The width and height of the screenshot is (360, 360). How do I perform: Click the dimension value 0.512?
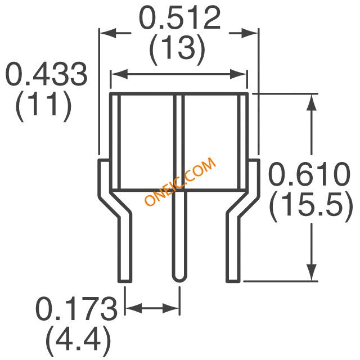pos(179,18)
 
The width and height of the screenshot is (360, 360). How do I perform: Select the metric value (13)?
pos(177,48)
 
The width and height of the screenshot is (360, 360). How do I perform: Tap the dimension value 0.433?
pos(47,74)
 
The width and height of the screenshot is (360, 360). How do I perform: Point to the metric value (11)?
pos(43,106)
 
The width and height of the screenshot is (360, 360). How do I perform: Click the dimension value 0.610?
pos(309,174)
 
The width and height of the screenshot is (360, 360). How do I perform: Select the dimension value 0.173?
pos(76,308)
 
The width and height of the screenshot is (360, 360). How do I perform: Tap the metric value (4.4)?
pos(78,341)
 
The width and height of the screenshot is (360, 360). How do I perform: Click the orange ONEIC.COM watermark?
pos(181,181)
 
